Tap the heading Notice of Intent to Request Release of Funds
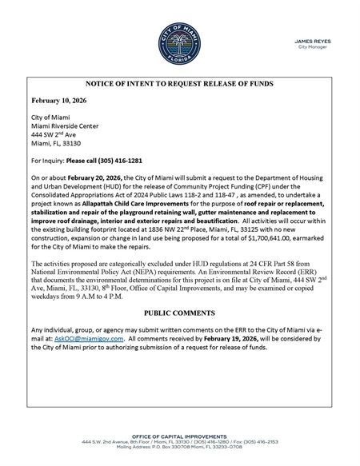click(181, 83)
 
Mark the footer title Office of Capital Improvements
click(180, 433)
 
